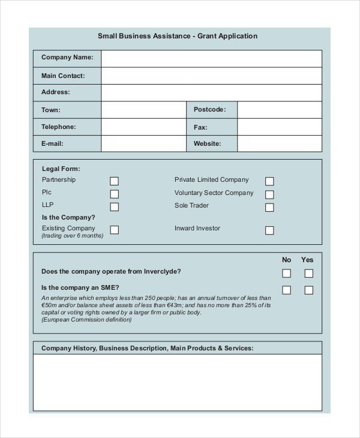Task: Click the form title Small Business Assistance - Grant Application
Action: [x=177, y=36]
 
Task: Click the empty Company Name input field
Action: [x=211, y=58]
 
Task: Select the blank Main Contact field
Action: [x=211, y=76]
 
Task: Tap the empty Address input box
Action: [x=211, y=92]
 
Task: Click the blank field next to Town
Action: [x=143, y=110]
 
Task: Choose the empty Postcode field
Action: [x=280, y=110]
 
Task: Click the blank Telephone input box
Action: [x=143, y=127]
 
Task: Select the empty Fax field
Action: [x=280, y=127]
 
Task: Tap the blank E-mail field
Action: [x=143, y=143]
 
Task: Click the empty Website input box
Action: [x=280, y=143]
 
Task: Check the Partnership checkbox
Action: [x=114, y=181]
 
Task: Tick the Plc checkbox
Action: [x=114, y=194]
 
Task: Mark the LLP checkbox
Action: [x=114, y=207]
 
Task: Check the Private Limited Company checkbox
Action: [x=269, y=181]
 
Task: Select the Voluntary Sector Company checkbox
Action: [x=269, y=194]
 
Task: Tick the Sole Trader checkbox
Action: [x=269, y=208]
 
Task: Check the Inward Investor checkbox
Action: [x=269, y=230]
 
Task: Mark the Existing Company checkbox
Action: [x=114, y=230]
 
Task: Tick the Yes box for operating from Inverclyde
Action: [x=308, y=274]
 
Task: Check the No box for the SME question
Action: [x=287, y=290]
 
